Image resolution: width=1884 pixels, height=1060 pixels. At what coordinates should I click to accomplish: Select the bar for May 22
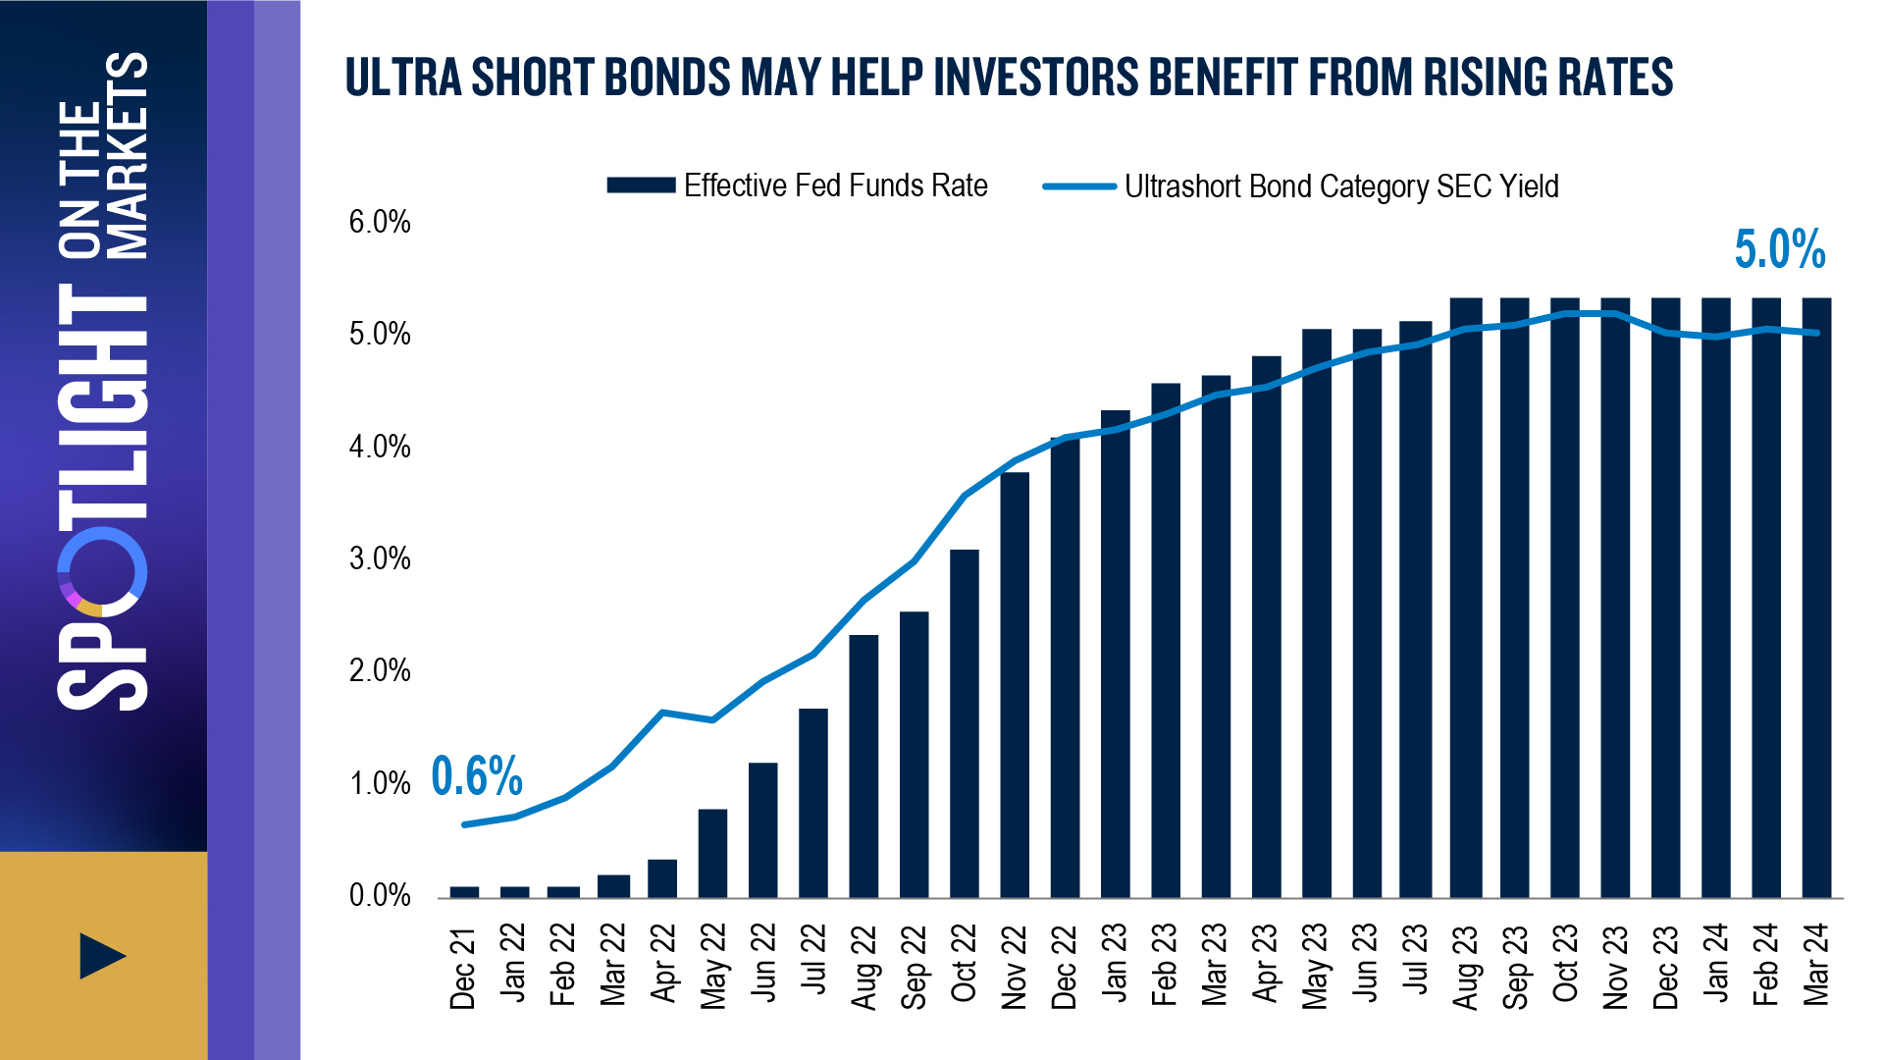coord(712,853)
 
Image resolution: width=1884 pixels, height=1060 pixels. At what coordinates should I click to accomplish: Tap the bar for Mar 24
coord(1816,598)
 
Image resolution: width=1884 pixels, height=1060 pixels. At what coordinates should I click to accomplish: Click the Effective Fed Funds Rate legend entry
coord(797,185)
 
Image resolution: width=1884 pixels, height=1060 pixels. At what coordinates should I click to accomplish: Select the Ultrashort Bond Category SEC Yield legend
coord(1301,186)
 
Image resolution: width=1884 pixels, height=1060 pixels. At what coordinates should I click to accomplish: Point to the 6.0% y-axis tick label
coord(380,222)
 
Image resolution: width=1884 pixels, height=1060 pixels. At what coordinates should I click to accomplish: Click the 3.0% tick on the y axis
coord(380,558)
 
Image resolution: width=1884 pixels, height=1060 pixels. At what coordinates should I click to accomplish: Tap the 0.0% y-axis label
coord(380,895)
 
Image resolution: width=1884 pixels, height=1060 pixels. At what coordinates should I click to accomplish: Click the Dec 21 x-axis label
coord(462,968)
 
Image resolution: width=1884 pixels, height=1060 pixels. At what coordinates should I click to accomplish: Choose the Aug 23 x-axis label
coord(1465,967)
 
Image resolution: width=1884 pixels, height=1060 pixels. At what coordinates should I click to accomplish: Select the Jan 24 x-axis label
coord(1715,964)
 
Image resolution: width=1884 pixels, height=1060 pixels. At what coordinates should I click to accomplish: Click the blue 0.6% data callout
coord(477,776)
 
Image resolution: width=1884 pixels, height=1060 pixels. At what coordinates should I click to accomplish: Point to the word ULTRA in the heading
coord(403,78)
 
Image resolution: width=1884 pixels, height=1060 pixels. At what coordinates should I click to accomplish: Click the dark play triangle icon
coord(102,956)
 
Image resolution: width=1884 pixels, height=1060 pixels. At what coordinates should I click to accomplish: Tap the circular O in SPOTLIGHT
coord(102,572)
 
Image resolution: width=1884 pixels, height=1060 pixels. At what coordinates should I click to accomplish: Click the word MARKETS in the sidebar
coord(129,155)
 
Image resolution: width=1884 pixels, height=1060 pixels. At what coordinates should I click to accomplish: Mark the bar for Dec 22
coord(1065,667)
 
